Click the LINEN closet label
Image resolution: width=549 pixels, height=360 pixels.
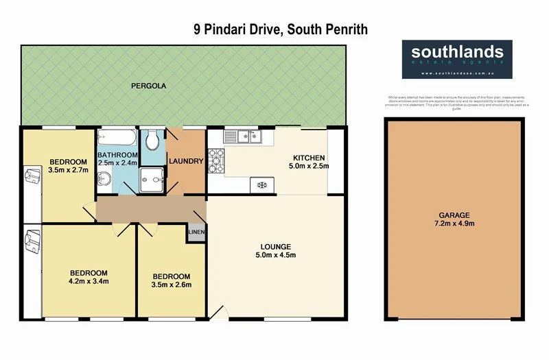[196, 233]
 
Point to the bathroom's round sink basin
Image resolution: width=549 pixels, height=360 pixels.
[103, 179]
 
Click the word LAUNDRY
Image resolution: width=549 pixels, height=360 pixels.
[186, 162]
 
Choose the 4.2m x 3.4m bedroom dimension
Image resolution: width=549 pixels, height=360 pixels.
[89, 280]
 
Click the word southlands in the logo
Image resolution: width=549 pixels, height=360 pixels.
[457, 51]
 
